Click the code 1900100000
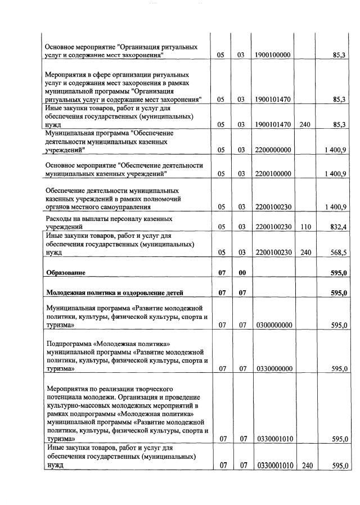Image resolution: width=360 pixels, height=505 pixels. tap(272, 56)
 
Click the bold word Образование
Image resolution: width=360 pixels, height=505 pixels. tap(66, 273)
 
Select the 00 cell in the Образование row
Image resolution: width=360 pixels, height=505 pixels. tap(241, 273)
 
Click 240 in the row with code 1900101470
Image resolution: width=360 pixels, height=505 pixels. tap(305, 125)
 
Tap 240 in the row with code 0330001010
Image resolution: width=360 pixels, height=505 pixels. tap(306, 466)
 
